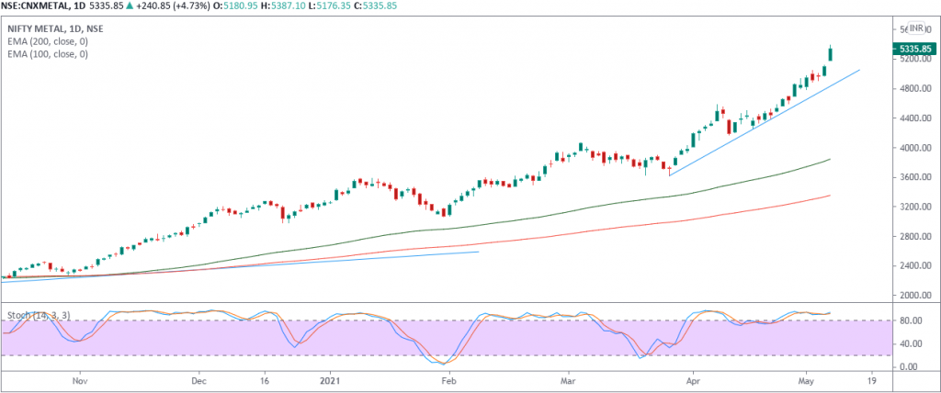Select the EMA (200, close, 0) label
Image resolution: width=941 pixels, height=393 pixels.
click(x=48, y=42)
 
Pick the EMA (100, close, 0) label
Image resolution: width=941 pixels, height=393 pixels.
click(x=48, y=54)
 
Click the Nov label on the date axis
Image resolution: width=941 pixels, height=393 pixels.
click(x=79, y=378)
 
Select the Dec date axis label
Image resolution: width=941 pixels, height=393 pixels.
click(x=198, y=378)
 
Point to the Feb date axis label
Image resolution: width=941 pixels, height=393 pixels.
click(x=448, y=378)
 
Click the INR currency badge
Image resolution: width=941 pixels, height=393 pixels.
click(x=915, y=28)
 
